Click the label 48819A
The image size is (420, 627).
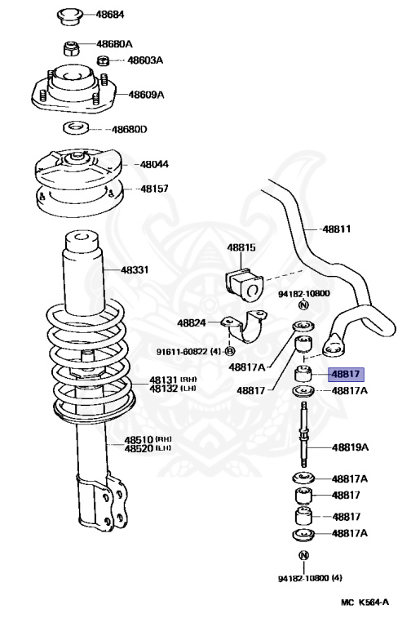[350, 447]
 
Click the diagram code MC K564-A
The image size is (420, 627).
[365, 603]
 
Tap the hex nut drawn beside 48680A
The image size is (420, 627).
[72, 44]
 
